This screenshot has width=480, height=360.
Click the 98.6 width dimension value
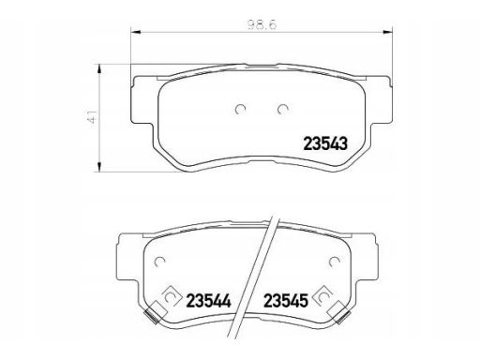262,24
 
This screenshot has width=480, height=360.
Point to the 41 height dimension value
93,118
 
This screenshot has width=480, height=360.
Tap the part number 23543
325,144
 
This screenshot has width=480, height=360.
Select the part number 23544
208,301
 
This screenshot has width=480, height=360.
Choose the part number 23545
286,301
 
